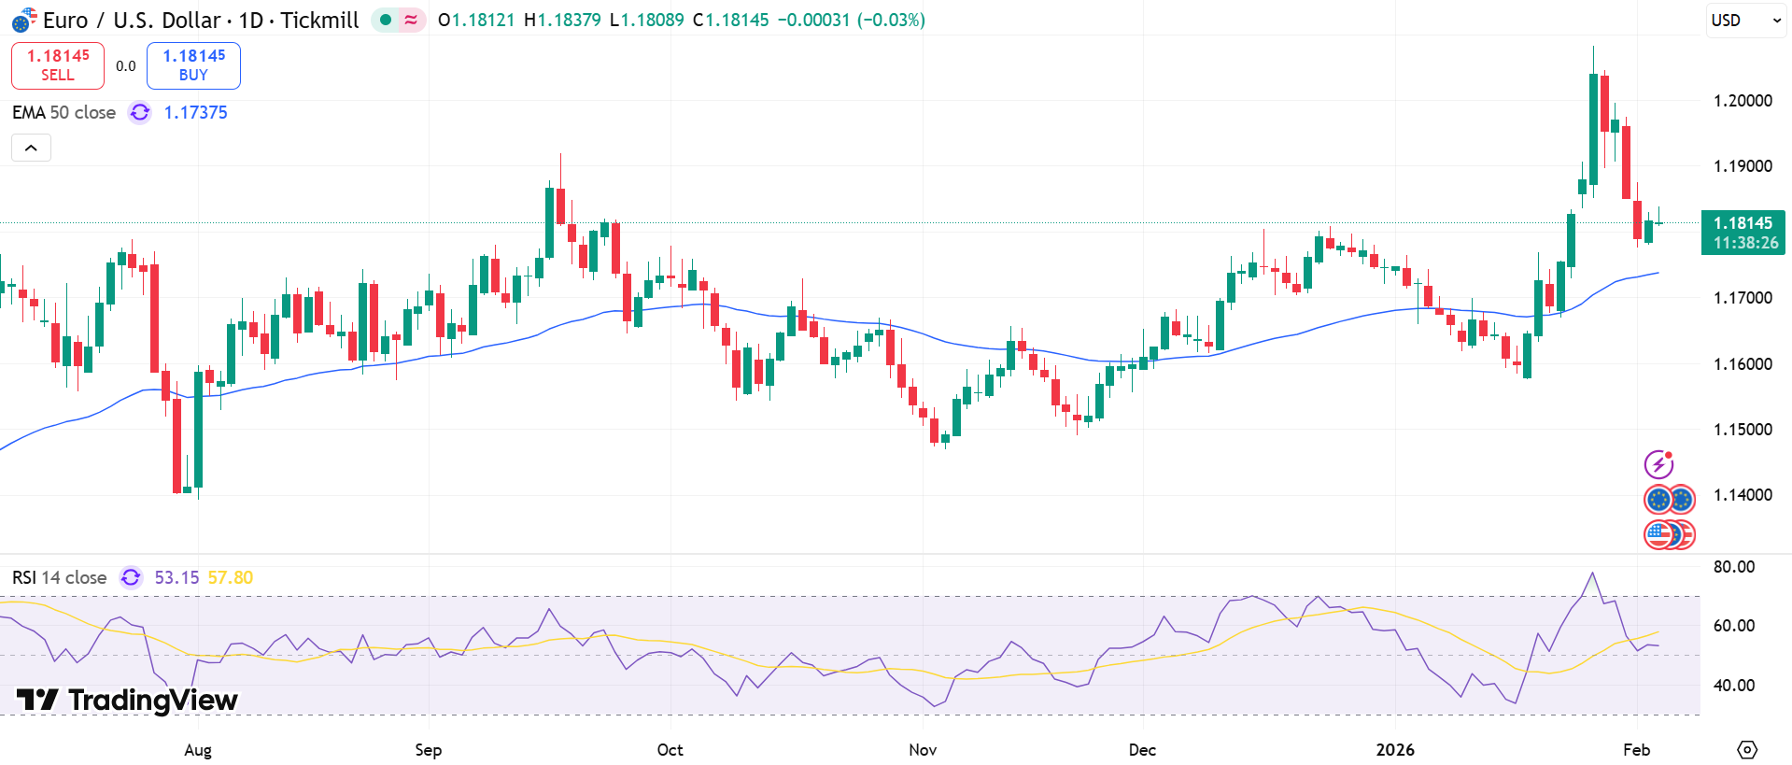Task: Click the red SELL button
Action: pyautogui.click(x=58, y=65)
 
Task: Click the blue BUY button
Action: pyautogui.click(x=193, y=65)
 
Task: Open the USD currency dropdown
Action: pyautogui.click(x=1744, y=21)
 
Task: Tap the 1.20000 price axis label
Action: pyautogui.click(x=1742, y=101)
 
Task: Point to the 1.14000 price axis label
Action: pyautogui.click(x=1742, y=495)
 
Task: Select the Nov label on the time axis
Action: pyautogui.click(x=923, y=750)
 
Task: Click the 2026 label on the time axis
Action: pyautogui.click(x=1395, y=750)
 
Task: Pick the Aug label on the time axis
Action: pyautogui.click(x=198, y=750)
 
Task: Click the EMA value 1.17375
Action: pyautogui.click(x=195, y=113)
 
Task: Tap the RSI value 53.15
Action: pyautogui.click(x=176, y=578)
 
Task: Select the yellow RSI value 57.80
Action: pyautogui.click(x=230, y=578)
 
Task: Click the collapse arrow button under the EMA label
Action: pyautogui.click(x=31, y=148)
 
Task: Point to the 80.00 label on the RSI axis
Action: pyautogui.click(x=1733, y=567)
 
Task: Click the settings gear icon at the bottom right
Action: pyautogui.click(x=1746, y=750)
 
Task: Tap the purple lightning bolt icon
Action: pyautogui.click(x=1658, y=464)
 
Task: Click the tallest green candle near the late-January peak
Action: pyautogui.click(x=1593, y=131)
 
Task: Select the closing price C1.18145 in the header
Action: pyautogui.click(x=730, y=21)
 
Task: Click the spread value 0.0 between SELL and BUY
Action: pyautogui.click(x=125, y=66)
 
